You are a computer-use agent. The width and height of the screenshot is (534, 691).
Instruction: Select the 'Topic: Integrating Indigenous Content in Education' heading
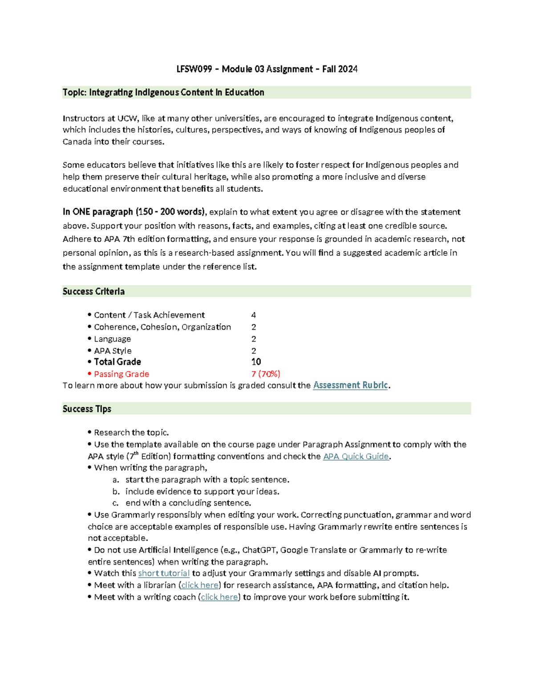coord(163,93)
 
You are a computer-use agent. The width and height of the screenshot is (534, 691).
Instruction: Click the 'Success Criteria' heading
coord(93,291)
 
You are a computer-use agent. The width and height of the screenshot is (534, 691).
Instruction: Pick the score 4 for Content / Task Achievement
coord(254,315)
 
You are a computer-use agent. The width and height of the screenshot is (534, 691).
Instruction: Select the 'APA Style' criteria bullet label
coord(113,351)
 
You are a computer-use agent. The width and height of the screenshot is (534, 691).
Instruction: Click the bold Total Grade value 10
coord(256,362)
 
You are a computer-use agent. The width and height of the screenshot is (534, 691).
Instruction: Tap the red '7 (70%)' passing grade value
coord(266,374)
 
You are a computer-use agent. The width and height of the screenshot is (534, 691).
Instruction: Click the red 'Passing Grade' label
coord(121,374)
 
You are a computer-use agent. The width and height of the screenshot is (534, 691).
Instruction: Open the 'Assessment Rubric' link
coord(351,385)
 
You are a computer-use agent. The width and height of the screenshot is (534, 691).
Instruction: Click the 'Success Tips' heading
coord(87,409)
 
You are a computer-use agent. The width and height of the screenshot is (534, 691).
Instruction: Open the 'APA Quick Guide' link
coord(356,457)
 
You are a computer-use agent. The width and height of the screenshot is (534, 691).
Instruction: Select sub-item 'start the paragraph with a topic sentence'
coord(207,480)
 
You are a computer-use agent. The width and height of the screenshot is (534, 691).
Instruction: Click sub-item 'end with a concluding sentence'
coord(188,503)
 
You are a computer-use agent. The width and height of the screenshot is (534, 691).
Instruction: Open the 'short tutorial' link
coord(164,573)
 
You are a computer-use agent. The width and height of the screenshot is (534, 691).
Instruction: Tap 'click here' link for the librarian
coord(200,585)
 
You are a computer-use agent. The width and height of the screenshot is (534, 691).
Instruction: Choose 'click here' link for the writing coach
coord(219,597)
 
